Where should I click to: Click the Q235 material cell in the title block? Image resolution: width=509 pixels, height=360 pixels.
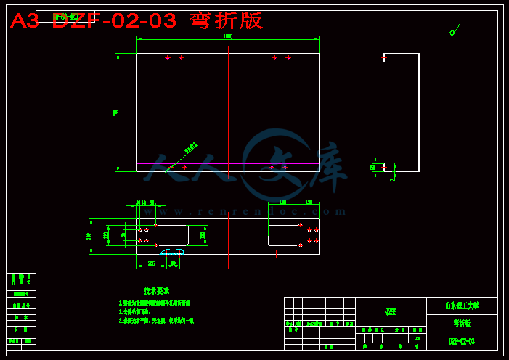click(x=391, y=311)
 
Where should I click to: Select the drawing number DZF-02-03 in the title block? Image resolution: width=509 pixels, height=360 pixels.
click(x=461, y=341)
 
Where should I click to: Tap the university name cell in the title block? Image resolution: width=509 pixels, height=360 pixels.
click(x=462, y=306)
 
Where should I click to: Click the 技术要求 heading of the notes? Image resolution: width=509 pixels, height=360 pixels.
click(x=156, y=290)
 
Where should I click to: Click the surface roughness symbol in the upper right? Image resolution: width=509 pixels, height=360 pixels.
click(x=453, y=31)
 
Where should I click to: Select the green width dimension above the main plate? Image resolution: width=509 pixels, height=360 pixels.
click(x=227, y=36)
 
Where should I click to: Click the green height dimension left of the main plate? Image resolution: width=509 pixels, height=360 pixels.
click(x=116, y=112)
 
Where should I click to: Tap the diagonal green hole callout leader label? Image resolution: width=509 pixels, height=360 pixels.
click(x=190, y=148)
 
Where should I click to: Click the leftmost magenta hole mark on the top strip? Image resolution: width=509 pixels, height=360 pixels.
click(x=168, y=57)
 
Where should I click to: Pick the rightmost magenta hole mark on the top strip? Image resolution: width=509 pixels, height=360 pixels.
click(x=288, y=57)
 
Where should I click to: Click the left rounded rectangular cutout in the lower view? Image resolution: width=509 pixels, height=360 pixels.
click(x=173, y=235)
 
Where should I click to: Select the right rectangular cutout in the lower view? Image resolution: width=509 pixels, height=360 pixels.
click(x=283, y=235)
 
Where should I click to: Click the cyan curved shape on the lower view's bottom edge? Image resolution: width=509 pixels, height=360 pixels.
click(x=172, y=252)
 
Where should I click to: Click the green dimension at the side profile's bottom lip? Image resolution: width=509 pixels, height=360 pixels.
click(x=373, y=167)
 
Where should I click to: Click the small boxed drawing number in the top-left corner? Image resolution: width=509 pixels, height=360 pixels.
click(x=65, y=16)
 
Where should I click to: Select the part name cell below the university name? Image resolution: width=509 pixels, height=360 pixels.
click(x=462, y=324)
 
